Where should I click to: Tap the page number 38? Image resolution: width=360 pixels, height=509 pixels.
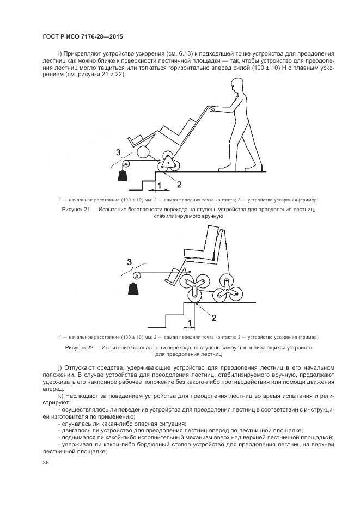pyautogui.click(x=45, y=463)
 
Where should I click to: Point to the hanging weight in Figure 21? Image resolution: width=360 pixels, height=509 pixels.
pyautogui.click(x=123, y=176)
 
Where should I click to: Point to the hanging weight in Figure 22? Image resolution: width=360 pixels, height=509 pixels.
pyautogui.click(x=133, y=286)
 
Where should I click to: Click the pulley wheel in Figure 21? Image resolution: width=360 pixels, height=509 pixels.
pyautogui.click(x=126, y=163)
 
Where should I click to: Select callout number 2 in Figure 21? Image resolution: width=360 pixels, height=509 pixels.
pyautogui.click(x=178, y=184)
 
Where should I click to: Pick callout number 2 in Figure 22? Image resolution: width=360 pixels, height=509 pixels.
pyautogui.click(x=213, y=317)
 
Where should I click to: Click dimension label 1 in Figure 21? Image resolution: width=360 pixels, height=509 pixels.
pyautogui.click(x=158, y=186)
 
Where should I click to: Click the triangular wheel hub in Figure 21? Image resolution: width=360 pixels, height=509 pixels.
pyautogui.click(x=168, y=163)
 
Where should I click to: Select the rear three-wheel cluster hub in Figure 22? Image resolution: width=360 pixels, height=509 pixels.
pyautogui.click(x=225, y=284)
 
